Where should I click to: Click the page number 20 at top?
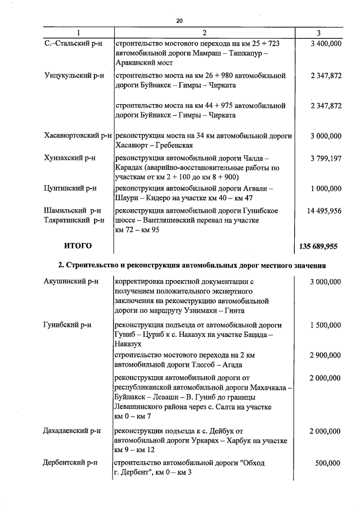coord(179,21)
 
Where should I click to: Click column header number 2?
coord(204,33)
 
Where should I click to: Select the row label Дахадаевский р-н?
coord(72,431)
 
